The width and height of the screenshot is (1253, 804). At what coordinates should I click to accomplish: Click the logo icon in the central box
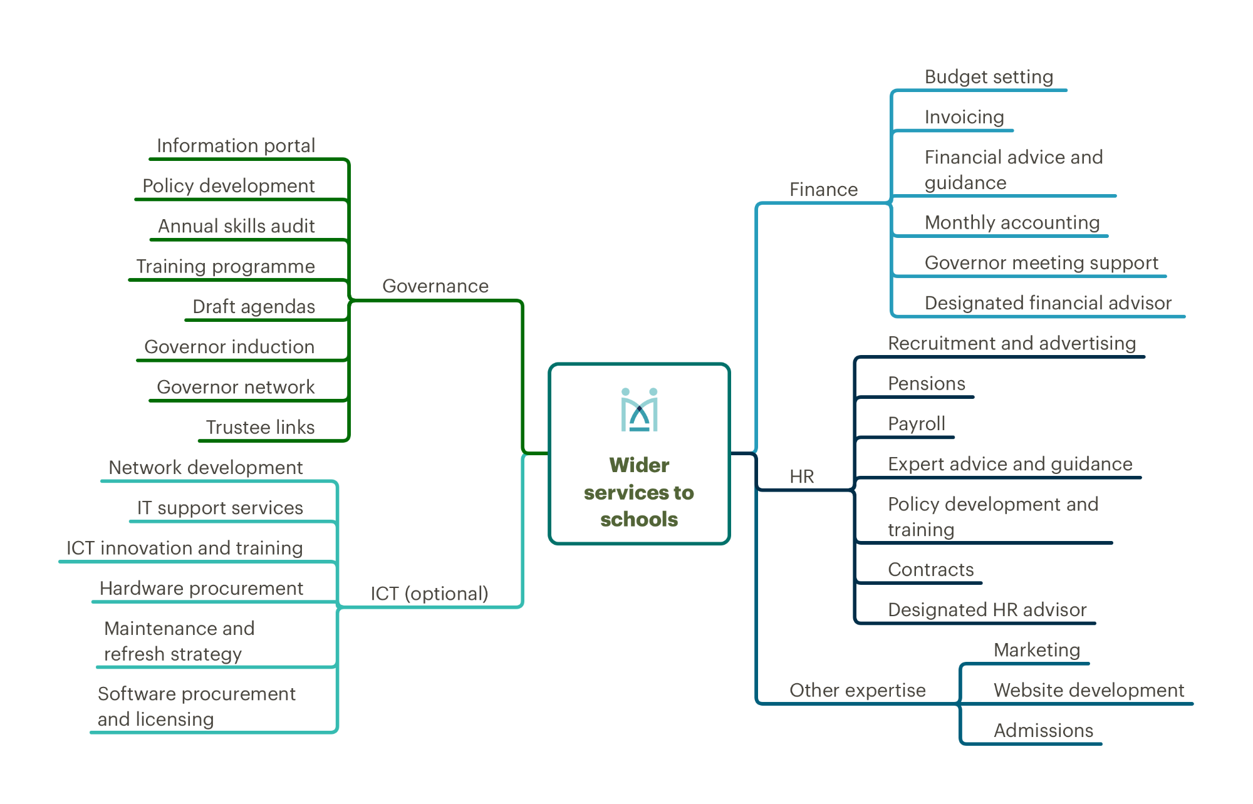pos(639,410)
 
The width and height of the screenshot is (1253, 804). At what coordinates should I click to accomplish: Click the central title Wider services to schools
pos(639,492)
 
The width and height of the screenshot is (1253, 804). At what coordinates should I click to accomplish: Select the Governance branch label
pos(435,286)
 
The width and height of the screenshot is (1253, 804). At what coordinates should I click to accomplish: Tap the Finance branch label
pos(823,190)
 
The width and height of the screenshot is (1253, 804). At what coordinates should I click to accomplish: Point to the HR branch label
pos(802,477)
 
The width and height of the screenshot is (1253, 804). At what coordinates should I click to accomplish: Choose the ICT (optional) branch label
pos(429,594)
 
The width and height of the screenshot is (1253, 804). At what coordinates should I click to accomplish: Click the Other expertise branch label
pos(858,690)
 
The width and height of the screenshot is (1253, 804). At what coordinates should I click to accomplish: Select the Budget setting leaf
pos(989,77)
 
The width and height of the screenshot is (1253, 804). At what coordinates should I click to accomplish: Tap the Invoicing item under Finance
pos(964,117)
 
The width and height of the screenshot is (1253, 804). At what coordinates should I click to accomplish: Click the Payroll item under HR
pos(917,424)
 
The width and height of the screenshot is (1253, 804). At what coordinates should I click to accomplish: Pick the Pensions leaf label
pos(927,383)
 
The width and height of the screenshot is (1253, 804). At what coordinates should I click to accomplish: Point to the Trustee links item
pos(260,427)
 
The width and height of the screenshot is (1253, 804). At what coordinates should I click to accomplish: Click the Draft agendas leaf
pos(254,307)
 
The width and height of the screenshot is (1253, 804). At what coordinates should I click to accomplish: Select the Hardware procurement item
pos(201,589)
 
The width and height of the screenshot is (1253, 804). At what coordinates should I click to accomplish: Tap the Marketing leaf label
pos(1037,650)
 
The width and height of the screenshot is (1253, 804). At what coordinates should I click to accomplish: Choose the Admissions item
pos(1043,731)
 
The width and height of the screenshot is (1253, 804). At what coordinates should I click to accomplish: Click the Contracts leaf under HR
pos(931,570)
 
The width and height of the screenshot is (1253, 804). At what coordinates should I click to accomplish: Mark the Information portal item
pos(236,146)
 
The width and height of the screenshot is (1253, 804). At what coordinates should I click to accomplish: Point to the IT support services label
pos(220,508)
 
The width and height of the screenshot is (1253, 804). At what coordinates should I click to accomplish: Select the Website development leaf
pos(1089,690)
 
